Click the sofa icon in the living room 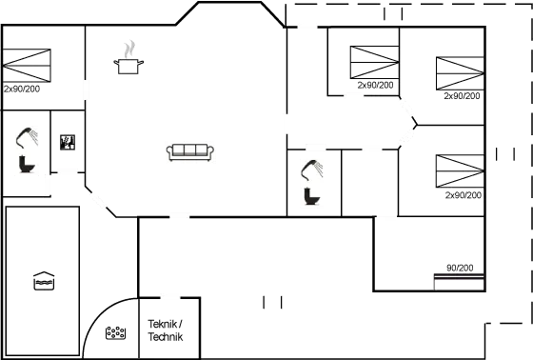[190, 151]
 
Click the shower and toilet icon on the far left [28, 150]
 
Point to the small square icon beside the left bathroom [67, 142]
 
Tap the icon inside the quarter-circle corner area [116, 333]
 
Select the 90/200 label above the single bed [459, 269]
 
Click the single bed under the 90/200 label [459, 281]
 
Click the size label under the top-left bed [21, 89]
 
